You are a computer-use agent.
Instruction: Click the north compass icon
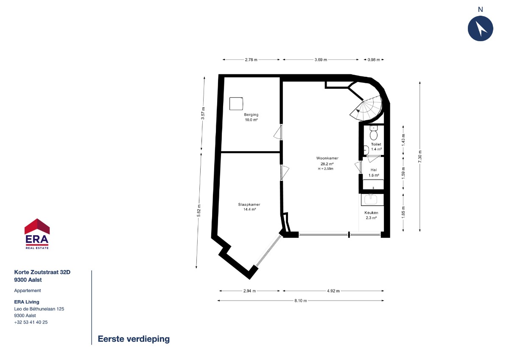480,28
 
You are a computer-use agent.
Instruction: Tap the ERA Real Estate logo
37,234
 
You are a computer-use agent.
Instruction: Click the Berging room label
251,115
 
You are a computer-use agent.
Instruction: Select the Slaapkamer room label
249,205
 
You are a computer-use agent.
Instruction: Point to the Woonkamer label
327,158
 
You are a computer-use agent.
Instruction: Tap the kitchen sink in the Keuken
371,200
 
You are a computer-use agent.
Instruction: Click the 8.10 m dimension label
301,301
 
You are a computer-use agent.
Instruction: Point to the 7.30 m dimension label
420,157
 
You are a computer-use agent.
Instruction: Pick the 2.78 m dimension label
251,60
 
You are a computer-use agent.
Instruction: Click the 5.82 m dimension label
199,211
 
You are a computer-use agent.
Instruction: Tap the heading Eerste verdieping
134,339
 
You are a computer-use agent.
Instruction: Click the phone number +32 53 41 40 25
31,322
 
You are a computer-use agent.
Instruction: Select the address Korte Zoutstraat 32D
42,272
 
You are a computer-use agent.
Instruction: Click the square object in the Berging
236,104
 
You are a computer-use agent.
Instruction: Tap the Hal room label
374,170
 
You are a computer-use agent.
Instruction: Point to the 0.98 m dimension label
374,60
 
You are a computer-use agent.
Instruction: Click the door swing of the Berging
277,132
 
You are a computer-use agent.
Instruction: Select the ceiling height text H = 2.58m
326,169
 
